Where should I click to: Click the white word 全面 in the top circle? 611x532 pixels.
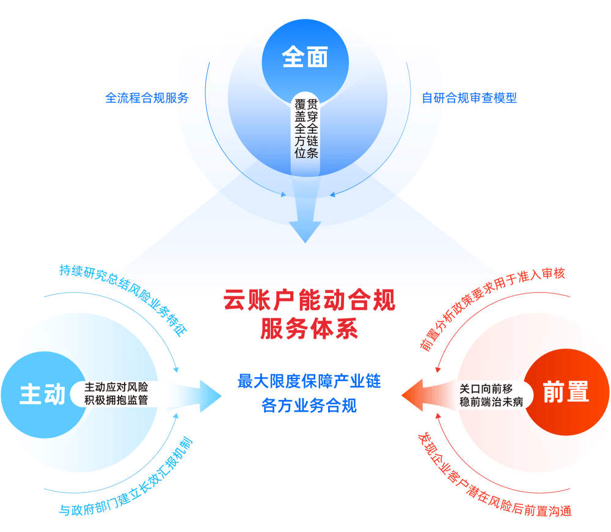click(305, 57)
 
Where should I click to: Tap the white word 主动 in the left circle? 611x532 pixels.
click(42, 394)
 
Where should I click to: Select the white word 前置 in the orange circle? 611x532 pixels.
click(565, 392)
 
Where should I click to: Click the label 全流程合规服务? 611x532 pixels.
click(147, 98)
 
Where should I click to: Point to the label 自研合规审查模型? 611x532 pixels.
click(469, 98)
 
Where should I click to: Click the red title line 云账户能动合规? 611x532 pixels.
click(309, 301)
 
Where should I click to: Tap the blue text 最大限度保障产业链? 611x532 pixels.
click(309, 382)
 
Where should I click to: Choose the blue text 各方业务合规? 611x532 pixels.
click(309, 405)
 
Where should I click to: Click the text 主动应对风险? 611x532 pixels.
click(116, 388)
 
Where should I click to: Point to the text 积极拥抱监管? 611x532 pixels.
click(116, 401)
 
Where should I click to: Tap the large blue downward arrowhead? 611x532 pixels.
click(305, 229)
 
